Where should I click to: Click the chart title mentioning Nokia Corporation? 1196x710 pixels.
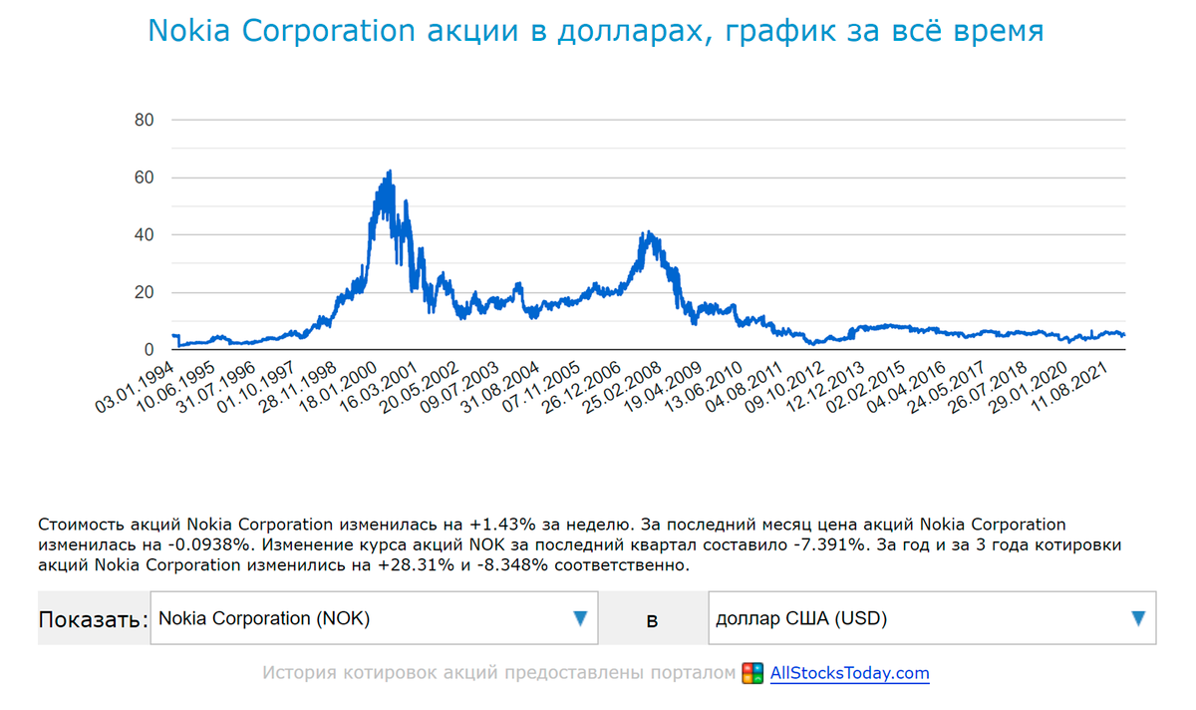595,31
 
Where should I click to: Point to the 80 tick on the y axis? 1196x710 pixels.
144,121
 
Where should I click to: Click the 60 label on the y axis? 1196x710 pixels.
144,177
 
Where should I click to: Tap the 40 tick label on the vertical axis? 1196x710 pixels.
144,235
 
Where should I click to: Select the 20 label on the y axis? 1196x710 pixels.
144,292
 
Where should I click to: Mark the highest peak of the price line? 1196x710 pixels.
389,172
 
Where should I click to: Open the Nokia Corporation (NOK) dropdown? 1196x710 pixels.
374,618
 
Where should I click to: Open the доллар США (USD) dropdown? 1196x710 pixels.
932,618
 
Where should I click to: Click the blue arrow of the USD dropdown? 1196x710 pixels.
1138,618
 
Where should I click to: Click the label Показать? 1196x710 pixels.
93,619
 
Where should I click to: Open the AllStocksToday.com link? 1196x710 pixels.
849,673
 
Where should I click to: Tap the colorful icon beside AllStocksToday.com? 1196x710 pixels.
752,673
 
